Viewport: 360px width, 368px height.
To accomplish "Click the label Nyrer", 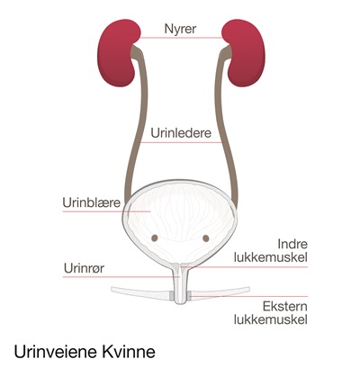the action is [180, 29].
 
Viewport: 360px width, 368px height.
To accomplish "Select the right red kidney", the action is [246, 52].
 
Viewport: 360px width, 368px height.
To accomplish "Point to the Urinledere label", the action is [181, 133].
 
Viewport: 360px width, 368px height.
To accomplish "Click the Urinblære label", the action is [92, 202].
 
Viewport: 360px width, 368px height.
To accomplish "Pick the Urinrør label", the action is [84, 268].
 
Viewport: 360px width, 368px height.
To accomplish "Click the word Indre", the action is [292, 244].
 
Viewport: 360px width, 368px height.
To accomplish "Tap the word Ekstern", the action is [285, 307].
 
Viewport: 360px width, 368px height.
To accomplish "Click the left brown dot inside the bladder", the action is [155, 238].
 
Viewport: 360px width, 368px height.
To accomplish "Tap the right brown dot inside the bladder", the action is [206, 238].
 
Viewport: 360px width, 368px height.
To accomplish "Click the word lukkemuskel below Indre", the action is [271, 257].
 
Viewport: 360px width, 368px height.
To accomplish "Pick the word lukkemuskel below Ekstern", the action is [271, 319].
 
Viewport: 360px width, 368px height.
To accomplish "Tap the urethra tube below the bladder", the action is [180, 283].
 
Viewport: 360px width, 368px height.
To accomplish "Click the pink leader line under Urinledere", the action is [181, 142].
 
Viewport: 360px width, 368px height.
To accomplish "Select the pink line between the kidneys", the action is [181, 38].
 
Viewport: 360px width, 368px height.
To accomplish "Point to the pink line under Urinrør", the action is [121, 277].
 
